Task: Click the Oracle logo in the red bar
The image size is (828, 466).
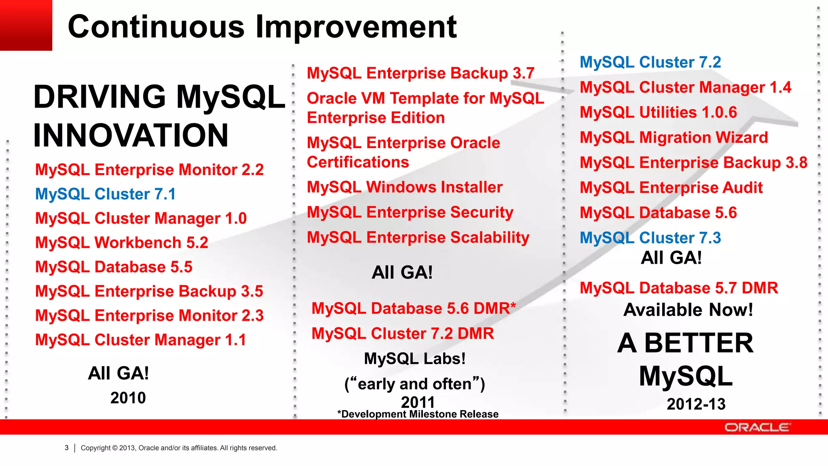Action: pyautogui.click(x=757, y=428)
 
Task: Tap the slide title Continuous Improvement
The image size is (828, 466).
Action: pyautogui.click(x=262, y=27)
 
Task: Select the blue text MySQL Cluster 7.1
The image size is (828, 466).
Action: pyautogui.click(x=106, y=194)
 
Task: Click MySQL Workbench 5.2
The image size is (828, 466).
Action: pyautogui.click(x=122, y=243)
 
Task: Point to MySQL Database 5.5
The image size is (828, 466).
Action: pyautogui.click(x=114, y=267)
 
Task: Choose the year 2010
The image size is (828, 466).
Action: pyautogui.click(x=128, y=398)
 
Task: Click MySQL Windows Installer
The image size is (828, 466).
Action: pyautogui.click(x=405, y=187)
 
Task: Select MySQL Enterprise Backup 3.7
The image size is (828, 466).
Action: pyautogui.click(x=420, y=73)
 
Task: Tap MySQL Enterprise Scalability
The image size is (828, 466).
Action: pyautogui.click(x=418, y=237)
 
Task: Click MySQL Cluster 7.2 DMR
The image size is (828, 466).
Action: pyautogui.click(x=403, y=334)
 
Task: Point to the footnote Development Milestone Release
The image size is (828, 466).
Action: pyautogui.click(x=418, y=414)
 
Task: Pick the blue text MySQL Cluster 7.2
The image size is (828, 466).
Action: pyautogui.click(x=650, y=62)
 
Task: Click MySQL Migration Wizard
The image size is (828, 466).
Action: pyautogui.click(x=674, y=138)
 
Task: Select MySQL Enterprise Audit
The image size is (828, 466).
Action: pyautogui.click(x=671, y=188)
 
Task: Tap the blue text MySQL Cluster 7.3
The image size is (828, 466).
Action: pyautogui.click(x=650, y=238)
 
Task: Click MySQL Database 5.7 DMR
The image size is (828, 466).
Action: pyautogui.click(x=679, y=288)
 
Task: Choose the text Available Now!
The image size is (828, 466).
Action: pyautogui.click(x=688, y=310)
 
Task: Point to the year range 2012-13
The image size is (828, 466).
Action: pyautogui.click(x=696, y=404)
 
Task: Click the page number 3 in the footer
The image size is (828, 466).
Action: pyautogui.click(x=67, y=448)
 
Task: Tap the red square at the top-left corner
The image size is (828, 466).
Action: pyautogui.click(x=26, y=25)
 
